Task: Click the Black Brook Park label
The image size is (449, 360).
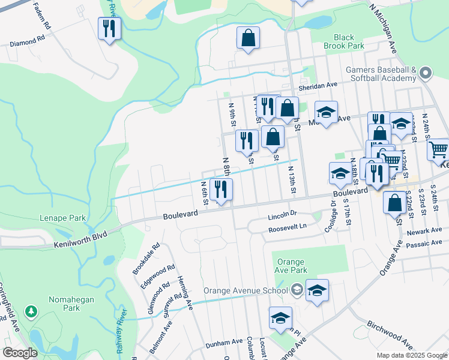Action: pos(344,41)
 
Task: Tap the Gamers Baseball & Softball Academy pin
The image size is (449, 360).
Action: pos(426,73)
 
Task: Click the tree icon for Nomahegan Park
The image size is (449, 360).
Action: pos(31,311)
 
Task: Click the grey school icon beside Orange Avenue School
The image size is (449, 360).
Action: pos(297,291)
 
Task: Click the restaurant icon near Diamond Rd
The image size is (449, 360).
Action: pos(109,28)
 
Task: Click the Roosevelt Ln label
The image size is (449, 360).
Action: pos(288,227)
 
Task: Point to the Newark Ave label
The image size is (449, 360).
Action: pos(427,231)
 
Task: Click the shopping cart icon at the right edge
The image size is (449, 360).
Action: pos(439,148)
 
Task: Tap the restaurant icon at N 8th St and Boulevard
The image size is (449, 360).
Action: pos(221,190)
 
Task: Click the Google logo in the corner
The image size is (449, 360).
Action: pos(20,353)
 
